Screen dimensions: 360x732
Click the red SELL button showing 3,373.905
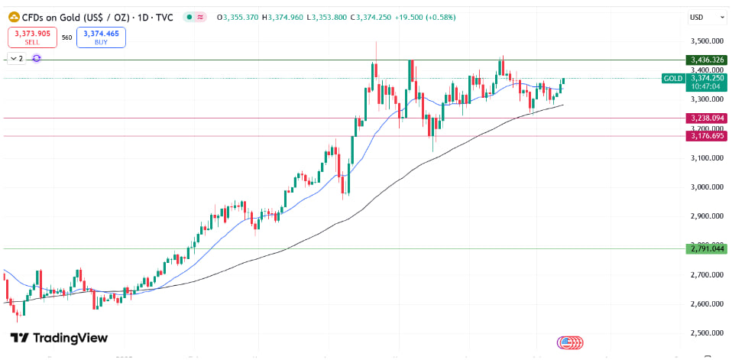[31, 37]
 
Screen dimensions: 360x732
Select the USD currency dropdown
[705, 17]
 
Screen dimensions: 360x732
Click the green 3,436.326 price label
[705, 60]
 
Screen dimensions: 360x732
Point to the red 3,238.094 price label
[705, 118]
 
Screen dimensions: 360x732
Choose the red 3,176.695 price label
[705, 136]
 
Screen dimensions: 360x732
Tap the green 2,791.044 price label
[705, 248]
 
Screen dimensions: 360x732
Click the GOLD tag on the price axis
[673, 78]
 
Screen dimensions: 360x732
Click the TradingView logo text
[59, 338]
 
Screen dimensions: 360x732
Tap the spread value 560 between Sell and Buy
[66, 37]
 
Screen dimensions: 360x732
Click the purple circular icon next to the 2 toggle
[36, 58]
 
